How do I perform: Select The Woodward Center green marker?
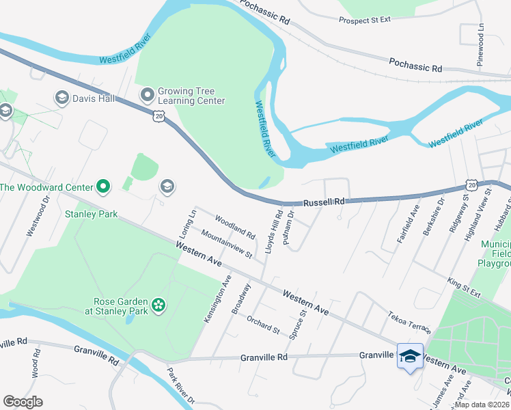(103, 186)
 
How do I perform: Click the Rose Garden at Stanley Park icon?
(158, 305)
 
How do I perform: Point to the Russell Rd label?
(324, 202)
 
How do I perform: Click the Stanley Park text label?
(91, 214)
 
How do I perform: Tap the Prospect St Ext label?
(365, 20)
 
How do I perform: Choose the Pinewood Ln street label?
(480, 46)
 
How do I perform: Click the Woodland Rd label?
(234, 228)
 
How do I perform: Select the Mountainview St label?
(227, 244)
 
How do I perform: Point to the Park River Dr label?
(180, 387)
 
